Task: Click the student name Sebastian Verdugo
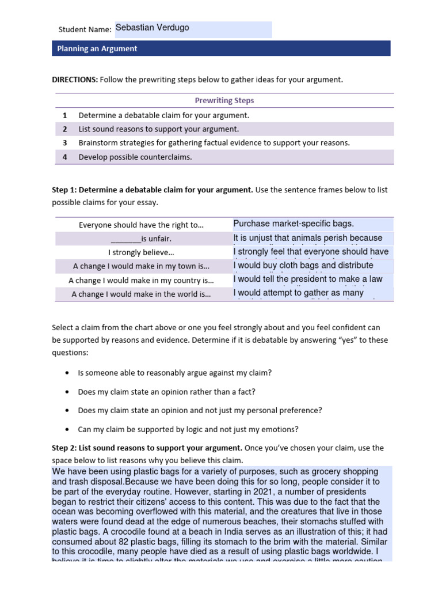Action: (152, 28)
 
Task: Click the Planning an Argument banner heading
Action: (97, 49)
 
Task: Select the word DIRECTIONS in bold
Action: (75, 80)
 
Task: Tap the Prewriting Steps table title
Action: (224, 100)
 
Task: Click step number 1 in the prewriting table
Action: (65, 115)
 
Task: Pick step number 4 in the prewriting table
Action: (65, 157)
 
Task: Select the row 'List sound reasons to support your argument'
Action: (158, 129)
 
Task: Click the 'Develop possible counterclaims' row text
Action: (135, 157)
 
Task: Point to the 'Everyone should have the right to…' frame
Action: (142, 225)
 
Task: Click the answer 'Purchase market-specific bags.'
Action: (294, 224)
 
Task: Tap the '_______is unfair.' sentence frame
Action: (142, 239)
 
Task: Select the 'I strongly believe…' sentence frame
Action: (142, 252)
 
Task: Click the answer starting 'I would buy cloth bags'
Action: (303, 266)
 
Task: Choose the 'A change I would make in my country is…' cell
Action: (142, 280)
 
